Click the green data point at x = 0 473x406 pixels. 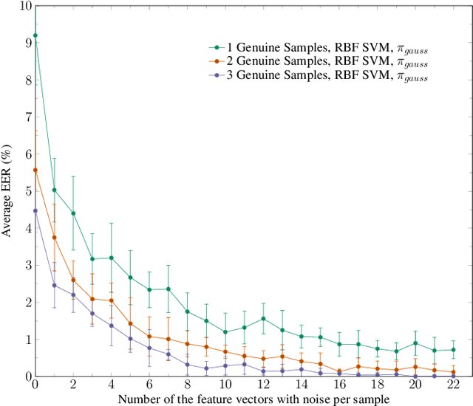point(35,35)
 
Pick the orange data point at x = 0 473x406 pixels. point(35,170)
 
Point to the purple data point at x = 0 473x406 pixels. point(35,210)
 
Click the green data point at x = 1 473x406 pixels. point(54,190)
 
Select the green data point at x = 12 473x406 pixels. point(263,319)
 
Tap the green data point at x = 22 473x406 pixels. point(453,350)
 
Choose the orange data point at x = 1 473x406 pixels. point(54,237)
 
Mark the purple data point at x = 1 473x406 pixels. point(54,285)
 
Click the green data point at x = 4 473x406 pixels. point(111,258)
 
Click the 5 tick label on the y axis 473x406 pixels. point(27,191)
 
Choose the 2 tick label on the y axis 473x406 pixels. point(27,303)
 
